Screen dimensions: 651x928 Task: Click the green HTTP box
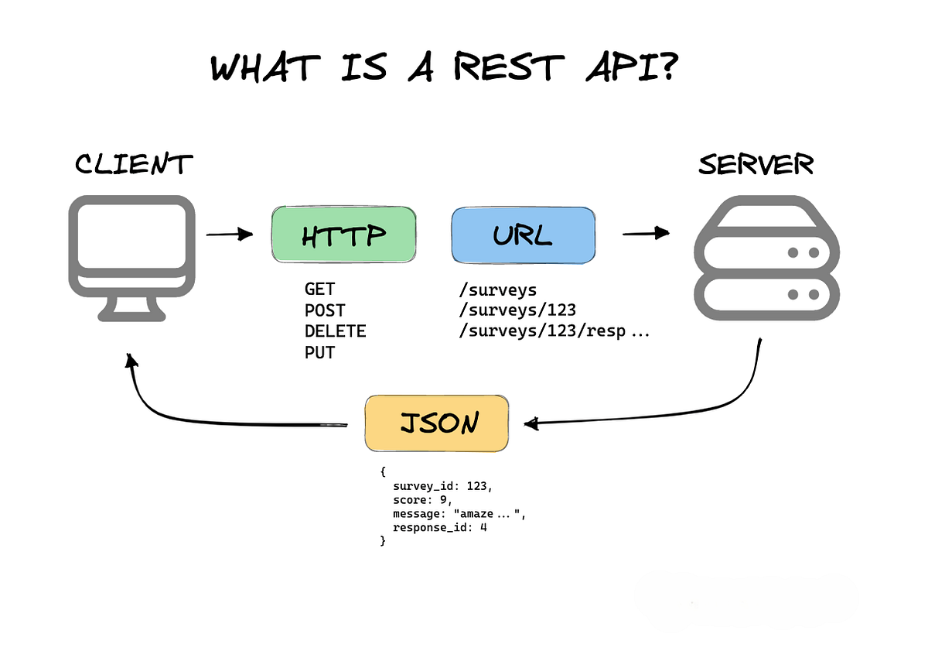point(343,234)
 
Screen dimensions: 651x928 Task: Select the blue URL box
point(524,234)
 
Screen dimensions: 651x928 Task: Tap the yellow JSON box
point(437,423)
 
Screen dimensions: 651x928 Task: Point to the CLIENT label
point(133,164)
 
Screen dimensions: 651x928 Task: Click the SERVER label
point(756,164)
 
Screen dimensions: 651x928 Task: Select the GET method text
point(319,290)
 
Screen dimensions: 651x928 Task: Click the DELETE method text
point(335,332)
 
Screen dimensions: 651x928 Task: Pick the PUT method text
point(319,353)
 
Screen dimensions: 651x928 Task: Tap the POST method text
point(325,310)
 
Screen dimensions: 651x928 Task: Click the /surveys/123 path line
point(517,310)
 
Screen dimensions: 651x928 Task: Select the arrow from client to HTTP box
point(230,234)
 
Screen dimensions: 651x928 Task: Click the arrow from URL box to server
point(645,232)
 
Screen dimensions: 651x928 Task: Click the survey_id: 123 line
point(442,487)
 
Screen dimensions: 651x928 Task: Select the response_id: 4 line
point(439,528)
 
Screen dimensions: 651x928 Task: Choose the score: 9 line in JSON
point(422,500)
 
